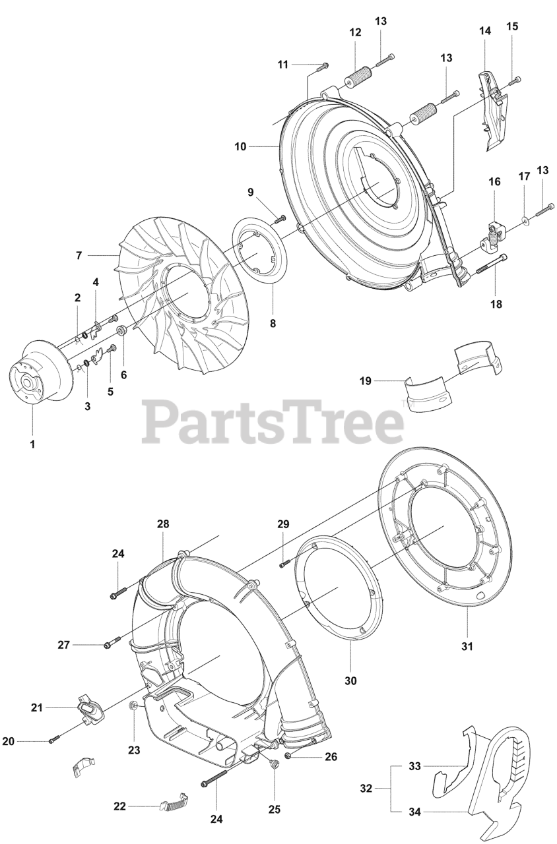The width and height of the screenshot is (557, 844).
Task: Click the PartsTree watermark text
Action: coord(273,422)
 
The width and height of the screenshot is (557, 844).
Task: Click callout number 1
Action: coord(32,444)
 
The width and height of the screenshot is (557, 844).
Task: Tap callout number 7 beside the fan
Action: coord(79,255)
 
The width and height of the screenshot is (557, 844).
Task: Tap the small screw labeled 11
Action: coord(323,65)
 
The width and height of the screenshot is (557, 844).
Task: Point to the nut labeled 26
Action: coord(289,756)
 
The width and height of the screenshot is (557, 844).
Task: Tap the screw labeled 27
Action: coord(112,642)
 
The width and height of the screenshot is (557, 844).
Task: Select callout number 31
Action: coord(467,647)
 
